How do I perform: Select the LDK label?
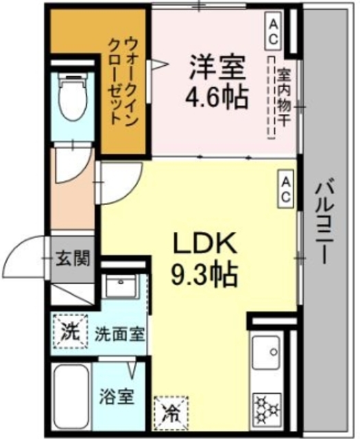pos(204,243)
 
